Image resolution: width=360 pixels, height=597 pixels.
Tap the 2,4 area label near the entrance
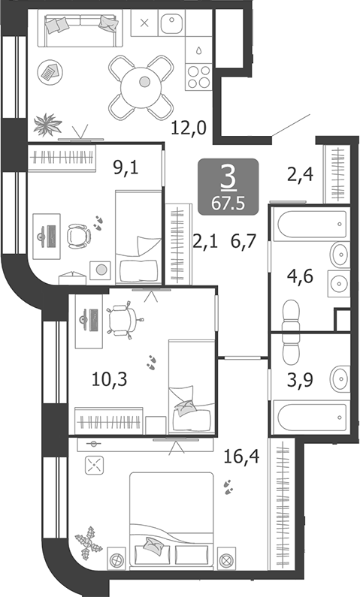(299, 176)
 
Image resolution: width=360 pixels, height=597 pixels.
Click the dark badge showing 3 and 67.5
(228, 185)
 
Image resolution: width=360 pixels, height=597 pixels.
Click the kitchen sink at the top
(172, 25)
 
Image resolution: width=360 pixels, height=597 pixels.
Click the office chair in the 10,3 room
(122, 320)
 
